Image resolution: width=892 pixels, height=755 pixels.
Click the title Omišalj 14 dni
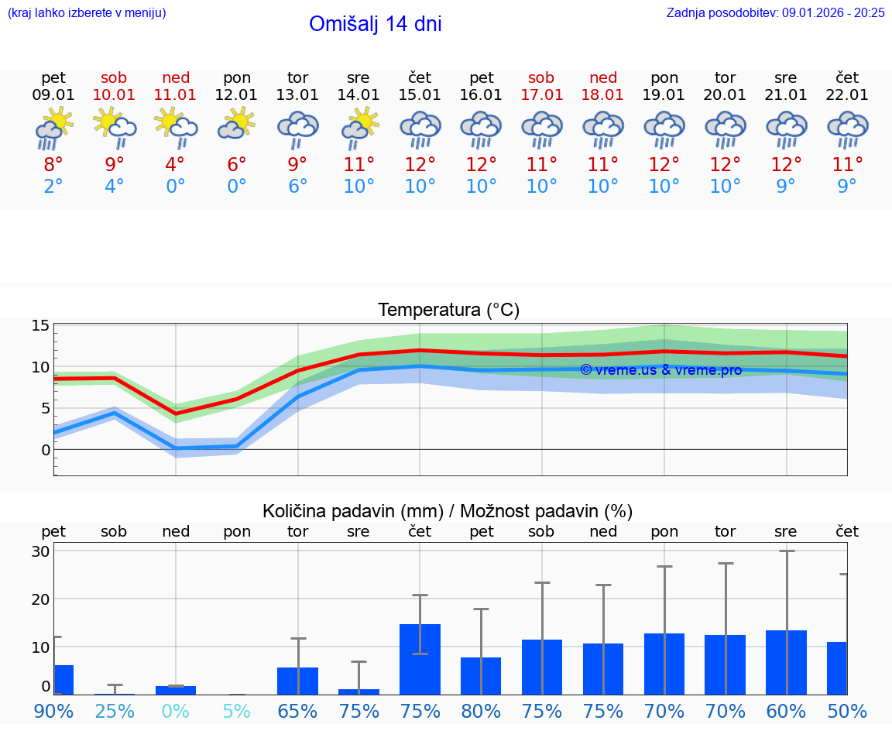[375, 24]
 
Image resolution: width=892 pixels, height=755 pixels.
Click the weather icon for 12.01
[237, 126]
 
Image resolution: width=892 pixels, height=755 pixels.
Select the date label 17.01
[542, 94]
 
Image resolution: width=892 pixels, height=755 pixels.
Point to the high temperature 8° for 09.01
[53, 164]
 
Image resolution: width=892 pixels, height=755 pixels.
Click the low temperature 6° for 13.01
[297, 187]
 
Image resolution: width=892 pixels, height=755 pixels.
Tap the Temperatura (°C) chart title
[448, 311]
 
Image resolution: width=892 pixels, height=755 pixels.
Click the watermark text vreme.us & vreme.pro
[661, 370]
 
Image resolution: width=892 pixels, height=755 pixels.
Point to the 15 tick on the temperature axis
[40, 326]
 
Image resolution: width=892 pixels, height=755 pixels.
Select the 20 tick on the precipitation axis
[40, 599]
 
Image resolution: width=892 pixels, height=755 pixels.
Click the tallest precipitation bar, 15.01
[420, 659]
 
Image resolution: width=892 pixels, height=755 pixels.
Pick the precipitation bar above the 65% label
[297, 681]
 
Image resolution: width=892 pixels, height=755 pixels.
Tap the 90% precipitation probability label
[53, 711]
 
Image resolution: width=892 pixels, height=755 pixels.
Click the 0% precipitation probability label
[176, 711]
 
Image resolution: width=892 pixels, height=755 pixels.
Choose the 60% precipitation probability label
[786, 711]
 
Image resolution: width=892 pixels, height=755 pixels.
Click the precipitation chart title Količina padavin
[448, 511]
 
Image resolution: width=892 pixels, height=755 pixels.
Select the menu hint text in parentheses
[87, 12]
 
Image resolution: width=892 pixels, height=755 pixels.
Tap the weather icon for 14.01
[359, 129]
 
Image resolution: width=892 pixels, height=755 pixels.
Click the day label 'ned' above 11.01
[176, 77]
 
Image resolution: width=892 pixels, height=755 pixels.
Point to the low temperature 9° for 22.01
[847, 187]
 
